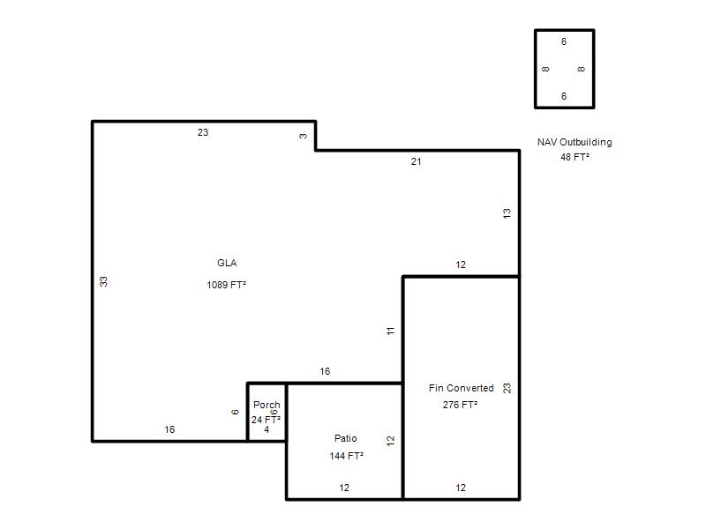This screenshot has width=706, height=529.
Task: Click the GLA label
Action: [227, 263]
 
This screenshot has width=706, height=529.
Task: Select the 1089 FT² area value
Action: [227, 285]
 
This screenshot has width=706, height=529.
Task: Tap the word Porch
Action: [267, 405]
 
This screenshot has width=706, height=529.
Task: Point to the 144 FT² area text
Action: [346, 456]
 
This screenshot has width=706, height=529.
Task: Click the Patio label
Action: [345, 438]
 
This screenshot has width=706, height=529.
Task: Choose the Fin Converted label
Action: [461, 388]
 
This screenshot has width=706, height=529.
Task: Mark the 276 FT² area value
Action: [460, 405]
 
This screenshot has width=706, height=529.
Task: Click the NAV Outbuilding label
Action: [575, 142]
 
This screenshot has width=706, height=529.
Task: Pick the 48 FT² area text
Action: [575, 157]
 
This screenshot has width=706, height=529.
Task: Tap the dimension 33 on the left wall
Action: [103, 281]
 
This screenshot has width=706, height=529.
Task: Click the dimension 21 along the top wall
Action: [416, 161]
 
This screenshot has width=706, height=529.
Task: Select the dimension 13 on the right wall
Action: [507, 213]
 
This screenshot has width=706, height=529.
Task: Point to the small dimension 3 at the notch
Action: [303, 136]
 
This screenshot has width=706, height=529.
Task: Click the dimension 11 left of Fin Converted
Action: [390, 331]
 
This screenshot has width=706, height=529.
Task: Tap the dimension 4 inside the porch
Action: [267, 429]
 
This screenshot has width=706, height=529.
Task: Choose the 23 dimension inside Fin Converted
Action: [507, 388]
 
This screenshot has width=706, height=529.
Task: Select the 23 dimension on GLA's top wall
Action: [203, 132]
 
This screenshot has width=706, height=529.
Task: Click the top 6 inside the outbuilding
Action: [564, 41]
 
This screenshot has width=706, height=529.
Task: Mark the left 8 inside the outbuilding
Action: [545, 69]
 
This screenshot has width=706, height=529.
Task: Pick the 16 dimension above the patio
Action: [325, 371]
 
